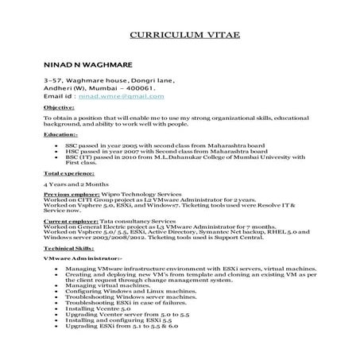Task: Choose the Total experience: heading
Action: pos(69,172)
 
